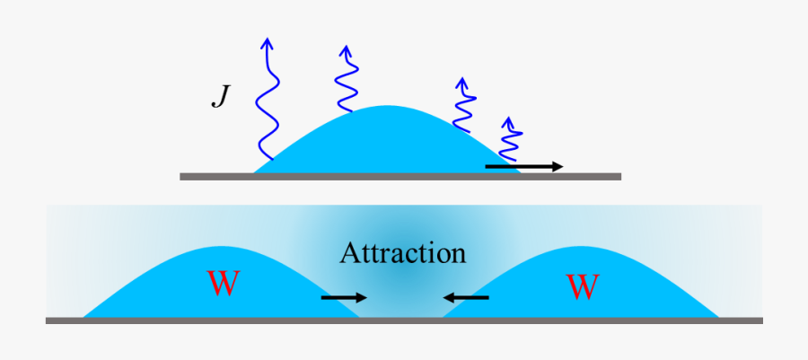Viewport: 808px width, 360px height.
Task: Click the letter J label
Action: (x=220, y=97)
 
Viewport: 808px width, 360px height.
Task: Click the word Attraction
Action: (x=403, y=253)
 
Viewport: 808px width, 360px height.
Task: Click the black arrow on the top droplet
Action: (x=523, y=166)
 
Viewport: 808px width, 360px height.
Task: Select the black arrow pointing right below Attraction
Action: (x=344, y=297)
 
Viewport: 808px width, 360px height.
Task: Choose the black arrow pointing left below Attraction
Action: (x=465, y=297)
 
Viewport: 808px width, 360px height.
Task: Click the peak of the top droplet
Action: (x=390, y=109)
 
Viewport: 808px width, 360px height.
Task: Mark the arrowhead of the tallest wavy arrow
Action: (x=267, y=42)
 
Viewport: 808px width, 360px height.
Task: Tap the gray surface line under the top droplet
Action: (x=400, y=177)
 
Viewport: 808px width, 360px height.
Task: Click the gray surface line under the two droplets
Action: (x=404, y=320)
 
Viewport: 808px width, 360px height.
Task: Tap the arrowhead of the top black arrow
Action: (x=558, y=166)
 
